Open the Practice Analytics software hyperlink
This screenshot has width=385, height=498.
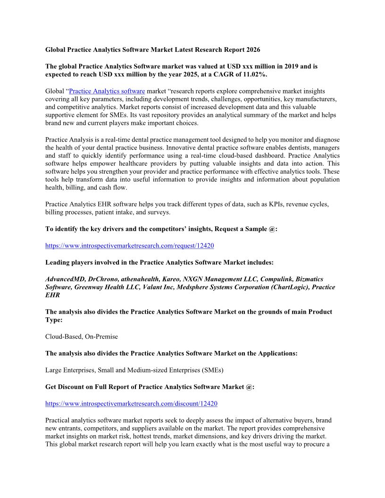(x=107, y=91)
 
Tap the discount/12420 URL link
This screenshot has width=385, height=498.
(x=131, y=404)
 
